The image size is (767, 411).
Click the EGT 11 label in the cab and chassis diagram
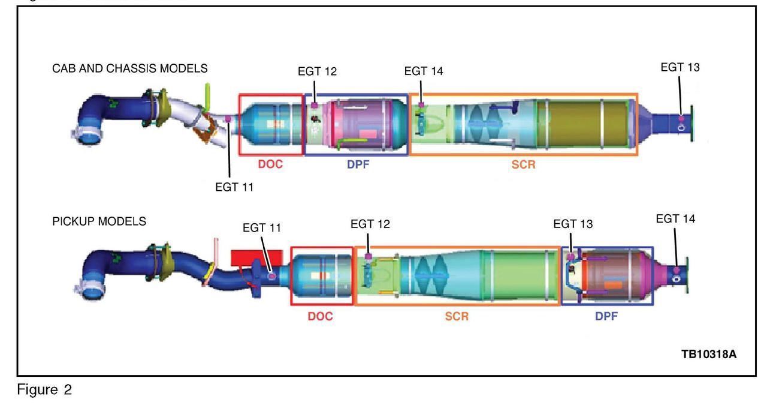(x=234, y=187)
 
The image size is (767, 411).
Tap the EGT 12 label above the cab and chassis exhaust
(x=317, y=71)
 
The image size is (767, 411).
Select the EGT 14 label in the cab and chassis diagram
(x=424, y=71)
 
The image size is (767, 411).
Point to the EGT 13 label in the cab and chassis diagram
(x=680, y=67)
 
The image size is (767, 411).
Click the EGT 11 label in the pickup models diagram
(x=262, y=228)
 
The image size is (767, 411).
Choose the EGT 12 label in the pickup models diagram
(x=370, y=224)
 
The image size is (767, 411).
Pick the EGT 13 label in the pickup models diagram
(x=573, y=224)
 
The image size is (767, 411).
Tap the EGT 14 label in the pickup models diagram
(x=675, y=219)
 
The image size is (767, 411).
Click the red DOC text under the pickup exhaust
(x=320, y=316)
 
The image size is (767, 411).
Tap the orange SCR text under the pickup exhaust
(x=457, y=316)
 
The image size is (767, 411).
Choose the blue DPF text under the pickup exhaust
(x=606, y=316)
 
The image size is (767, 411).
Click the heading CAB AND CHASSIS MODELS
(x=130, y=68)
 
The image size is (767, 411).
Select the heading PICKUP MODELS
(x=99, y=221)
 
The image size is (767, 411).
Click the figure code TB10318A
(x=709, y=354)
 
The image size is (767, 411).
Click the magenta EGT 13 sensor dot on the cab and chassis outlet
(x=681, y=119)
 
